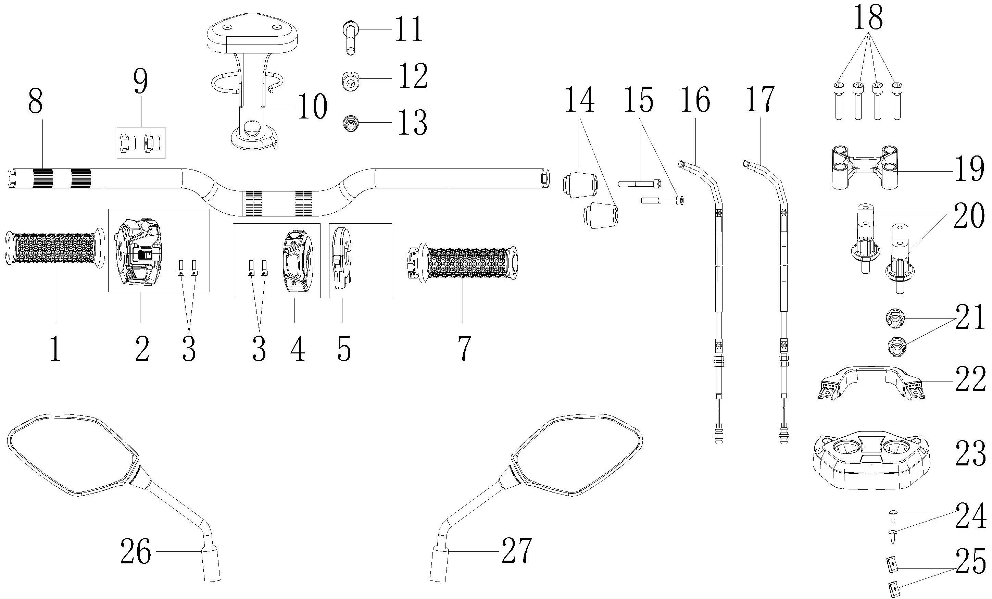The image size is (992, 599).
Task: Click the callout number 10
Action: pos(312,106)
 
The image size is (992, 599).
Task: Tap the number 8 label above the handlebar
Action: pos(35,102)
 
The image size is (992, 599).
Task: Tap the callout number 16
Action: pos(695,101)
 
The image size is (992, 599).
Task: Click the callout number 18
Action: pos(868,18)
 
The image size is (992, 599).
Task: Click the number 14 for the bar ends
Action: pos(580,101)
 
